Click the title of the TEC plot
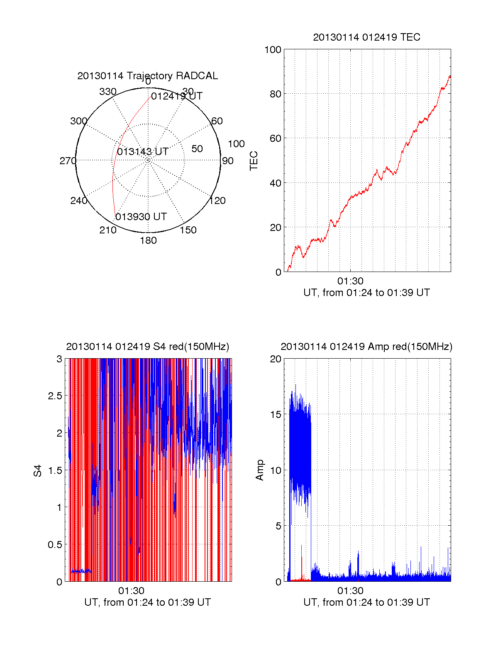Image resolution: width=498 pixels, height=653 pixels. (366, 37)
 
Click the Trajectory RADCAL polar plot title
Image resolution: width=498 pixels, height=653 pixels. (148, 76)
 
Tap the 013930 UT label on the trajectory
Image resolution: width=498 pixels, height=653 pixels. (141, 216)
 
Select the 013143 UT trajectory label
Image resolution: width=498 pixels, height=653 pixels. (143, 151)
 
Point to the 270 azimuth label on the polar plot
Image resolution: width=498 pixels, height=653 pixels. (68, 160)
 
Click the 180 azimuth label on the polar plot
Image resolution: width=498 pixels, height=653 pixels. (148, 240)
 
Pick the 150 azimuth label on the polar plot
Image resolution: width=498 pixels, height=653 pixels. (188, 230)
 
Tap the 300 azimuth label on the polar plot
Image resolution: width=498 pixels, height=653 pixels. (78, 121)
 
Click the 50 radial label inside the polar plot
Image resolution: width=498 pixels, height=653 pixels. (197, 149)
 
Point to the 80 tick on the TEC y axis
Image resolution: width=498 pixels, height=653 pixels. (275, 94)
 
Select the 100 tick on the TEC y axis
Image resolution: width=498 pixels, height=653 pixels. (273, 50)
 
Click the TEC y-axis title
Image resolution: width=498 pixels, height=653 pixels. (254, 160)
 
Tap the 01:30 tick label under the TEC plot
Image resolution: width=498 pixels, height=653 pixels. (350, 281)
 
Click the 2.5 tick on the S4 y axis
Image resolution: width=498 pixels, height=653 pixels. (55, 396)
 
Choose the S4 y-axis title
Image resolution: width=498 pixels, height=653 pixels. (37, 471)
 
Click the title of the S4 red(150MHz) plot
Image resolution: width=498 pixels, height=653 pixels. (148, 347)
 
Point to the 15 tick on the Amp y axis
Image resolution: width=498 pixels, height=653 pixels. (275, 415)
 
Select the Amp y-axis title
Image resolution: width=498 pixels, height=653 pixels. (259, 470)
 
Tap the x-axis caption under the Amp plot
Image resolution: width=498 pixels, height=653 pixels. (366, 602)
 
